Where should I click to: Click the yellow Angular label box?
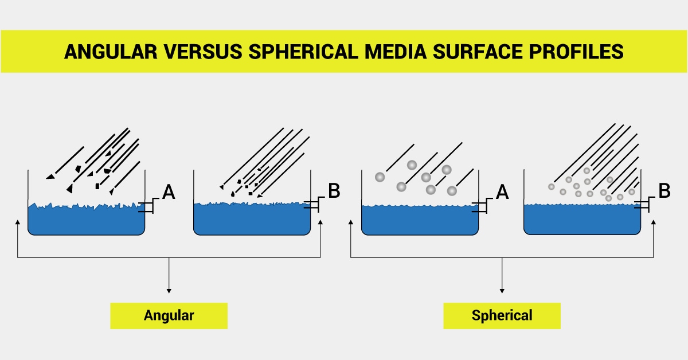tap(169, 315)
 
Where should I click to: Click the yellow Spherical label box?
tap(502, 315)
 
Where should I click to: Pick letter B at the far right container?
tap(664, 191)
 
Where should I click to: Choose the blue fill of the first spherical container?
tap(419, 220)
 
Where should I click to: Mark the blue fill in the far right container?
tap(582, 220)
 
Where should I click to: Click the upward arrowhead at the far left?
tap(18, 224)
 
